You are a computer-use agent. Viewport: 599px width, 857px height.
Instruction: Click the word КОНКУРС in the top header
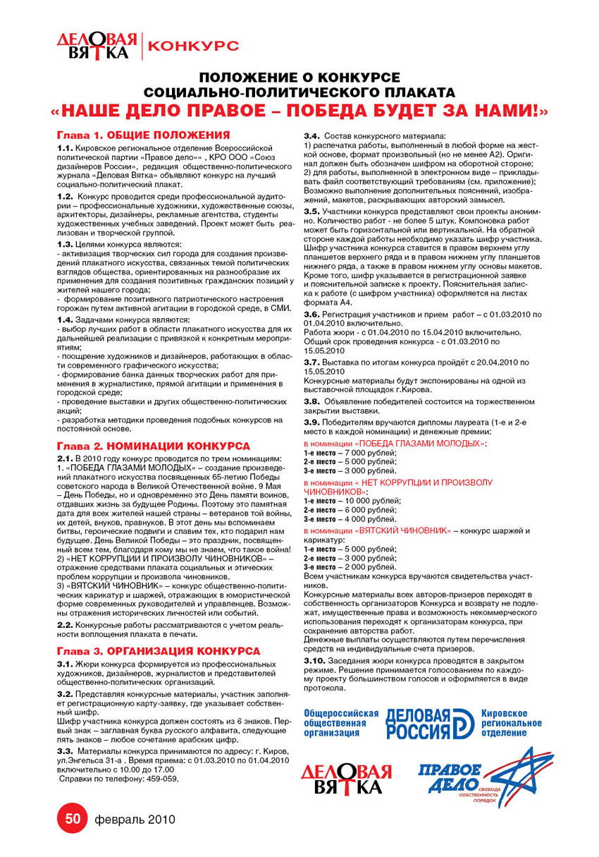coord(194,46)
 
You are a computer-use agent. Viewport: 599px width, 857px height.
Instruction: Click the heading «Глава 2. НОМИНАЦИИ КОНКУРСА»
coord(154,446)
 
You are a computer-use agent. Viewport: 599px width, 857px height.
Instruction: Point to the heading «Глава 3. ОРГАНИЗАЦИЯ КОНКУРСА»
coord(159,650)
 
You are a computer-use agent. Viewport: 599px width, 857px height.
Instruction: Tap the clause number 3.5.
coord(311,211)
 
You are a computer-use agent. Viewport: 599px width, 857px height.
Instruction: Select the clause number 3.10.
coord(314,660)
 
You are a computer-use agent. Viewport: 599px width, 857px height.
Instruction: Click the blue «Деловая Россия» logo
coord(429,723)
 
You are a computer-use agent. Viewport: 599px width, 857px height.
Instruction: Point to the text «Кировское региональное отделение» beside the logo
coord(511,723)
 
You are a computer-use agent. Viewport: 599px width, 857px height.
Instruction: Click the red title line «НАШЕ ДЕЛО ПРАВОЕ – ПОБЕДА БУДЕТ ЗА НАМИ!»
coord(299,111)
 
